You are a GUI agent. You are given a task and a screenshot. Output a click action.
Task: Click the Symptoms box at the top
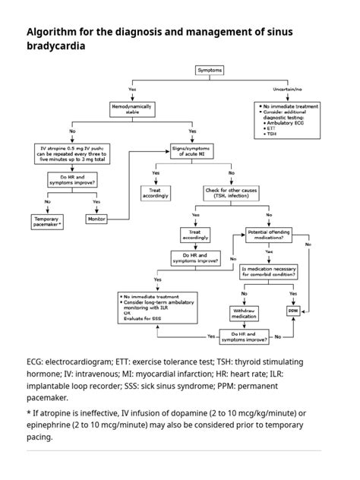210,70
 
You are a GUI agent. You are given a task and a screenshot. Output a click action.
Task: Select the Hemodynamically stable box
132,109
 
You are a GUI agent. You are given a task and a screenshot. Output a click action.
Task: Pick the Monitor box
96,219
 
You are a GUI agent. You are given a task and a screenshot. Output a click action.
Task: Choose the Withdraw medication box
244,312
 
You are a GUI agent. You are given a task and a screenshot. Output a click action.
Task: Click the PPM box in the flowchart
293,311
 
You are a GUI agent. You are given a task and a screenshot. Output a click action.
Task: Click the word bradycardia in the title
55,46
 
